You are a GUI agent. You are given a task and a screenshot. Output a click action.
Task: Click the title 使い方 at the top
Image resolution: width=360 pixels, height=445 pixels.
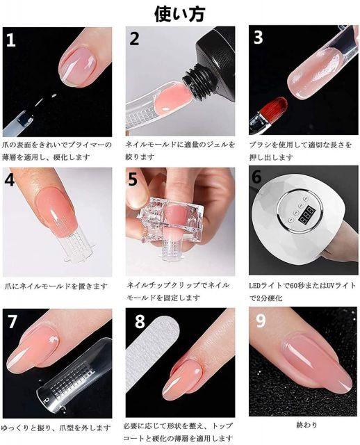(x=179, y=14)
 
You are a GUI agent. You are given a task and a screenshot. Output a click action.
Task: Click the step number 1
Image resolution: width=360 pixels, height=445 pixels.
(x=10, y=40)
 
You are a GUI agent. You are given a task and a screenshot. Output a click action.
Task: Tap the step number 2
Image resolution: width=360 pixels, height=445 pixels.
(x=134, y=39)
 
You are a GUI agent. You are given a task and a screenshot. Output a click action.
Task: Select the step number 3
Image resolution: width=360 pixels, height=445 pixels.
(x=258, y=37)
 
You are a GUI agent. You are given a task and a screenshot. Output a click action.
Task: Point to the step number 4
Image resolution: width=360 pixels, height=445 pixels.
(x=9, y=179)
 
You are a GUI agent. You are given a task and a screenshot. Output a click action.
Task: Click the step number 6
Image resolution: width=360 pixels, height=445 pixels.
(x=256, y=177)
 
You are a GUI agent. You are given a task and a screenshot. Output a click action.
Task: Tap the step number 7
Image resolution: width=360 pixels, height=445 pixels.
(x=12, y=321)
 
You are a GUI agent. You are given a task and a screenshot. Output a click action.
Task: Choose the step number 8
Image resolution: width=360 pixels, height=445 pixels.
(x=140, y=321)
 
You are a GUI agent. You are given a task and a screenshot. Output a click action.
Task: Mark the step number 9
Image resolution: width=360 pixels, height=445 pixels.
(x=261, y=321)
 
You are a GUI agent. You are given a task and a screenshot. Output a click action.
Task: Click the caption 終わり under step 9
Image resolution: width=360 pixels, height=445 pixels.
(x=306, y=425)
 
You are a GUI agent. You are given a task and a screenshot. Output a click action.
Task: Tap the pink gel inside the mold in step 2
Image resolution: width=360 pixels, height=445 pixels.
(x=172, y=99)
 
